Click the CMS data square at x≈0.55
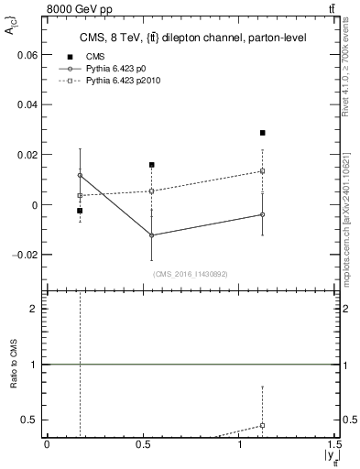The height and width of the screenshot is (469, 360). click(x=152, y=165)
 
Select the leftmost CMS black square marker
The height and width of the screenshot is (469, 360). click(x=80, y=211)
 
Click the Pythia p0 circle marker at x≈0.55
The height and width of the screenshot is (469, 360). click(x=152, y=235)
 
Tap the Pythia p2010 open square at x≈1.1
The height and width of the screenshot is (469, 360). click(x=262, y=171)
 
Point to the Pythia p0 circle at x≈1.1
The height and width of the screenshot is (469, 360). click(x=262, y=214)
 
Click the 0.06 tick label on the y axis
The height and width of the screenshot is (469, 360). click(x=29, y=55)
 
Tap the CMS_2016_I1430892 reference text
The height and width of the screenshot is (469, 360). click(x=191, y=274)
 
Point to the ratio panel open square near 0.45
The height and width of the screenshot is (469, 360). click(x=262, y=425)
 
